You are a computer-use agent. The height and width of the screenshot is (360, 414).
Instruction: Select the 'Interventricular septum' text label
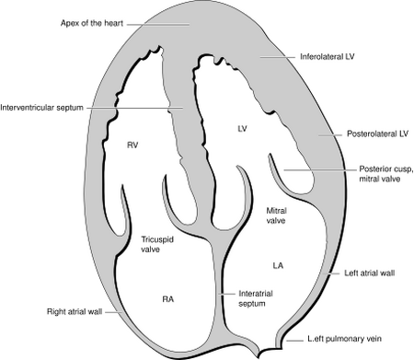[42, 108]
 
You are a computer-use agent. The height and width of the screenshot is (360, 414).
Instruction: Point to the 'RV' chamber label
[132, 145]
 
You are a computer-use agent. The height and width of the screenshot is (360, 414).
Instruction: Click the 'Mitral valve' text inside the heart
[277, 216]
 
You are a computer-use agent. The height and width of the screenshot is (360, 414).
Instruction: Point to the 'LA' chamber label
[278, 266]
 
